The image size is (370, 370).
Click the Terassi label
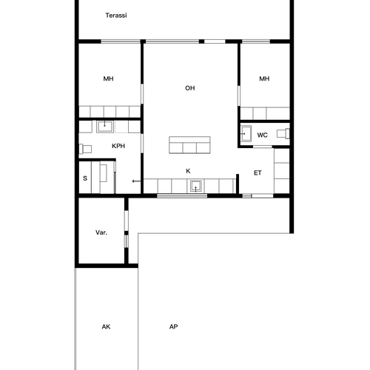(116, 16)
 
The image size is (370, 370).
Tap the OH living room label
(190, 88)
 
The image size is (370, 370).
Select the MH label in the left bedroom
(108, 78)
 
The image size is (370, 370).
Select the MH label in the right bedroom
(264, 78)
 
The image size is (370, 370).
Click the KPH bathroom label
(118, 146)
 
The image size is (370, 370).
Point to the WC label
(262, 135)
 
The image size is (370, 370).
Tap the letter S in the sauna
(85, 178)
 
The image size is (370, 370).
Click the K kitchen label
(188, 171)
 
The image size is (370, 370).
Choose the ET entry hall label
(258, 173)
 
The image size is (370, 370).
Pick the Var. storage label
(101, 232)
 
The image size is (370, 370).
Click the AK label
(106, 326)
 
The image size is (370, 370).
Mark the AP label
(173, 326)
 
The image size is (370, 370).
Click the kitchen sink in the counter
(196, 186)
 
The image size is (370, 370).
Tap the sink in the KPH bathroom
(105, 127)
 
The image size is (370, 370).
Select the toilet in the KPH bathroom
(85, 149)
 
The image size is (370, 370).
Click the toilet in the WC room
(283, 133)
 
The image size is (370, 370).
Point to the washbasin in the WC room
(246, 134)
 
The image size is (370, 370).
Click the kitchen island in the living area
(189, 145)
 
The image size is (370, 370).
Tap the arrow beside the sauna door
(136, 181)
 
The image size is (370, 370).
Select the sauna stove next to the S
(104, 173)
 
